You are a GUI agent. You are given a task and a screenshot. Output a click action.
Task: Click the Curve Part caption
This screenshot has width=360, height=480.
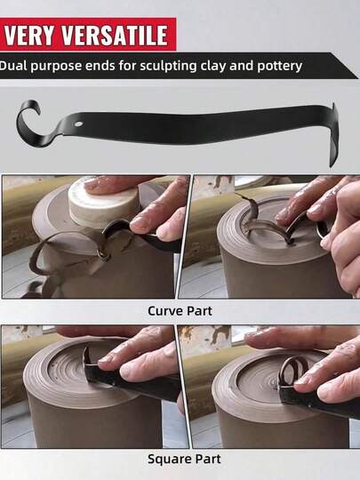click(180, 311)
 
